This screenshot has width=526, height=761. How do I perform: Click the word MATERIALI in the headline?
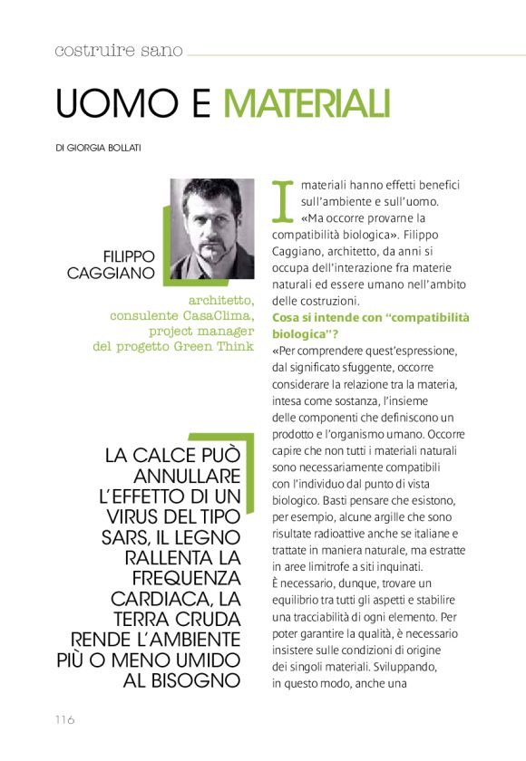point(307,103)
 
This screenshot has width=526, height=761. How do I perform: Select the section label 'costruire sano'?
point(118,51)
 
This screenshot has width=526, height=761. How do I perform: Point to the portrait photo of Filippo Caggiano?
point(211,229)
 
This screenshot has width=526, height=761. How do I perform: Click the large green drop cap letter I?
point(284,200)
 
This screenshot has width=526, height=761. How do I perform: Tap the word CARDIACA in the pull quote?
point(163,600)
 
